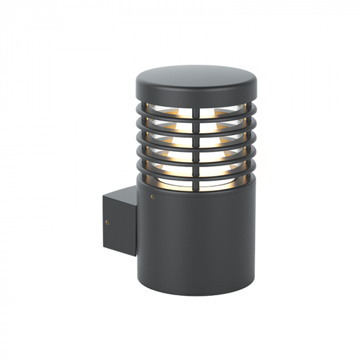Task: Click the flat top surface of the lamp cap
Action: coord(196,75)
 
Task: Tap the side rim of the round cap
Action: coord(196,94)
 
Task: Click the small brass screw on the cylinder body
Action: coord(152,197)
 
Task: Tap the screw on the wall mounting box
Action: coord(107,222)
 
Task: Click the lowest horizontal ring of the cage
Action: coord(196,176)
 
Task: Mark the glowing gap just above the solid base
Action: coord(180,184)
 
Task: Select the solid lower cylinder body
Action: coord(196,238)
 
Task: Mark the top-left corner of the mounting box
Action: coord(103,197)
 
